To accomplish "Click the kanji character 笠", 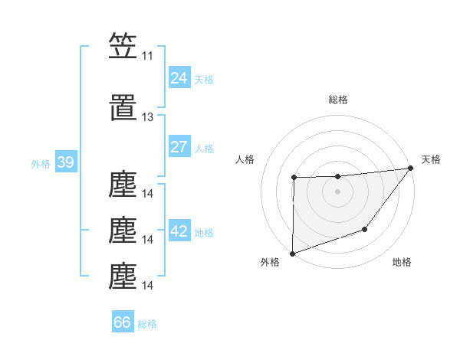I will click(x=123, y=46).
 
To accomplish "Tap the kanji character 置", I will click(x=123, y=109).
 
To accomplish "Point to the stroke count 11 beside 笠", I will click(x=147, y=56).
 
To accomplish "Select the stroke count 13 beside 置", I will click(x=147, y=117).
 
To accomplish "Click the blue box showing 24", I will click(x=179, y=78).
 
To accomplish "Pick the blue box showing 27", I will click(x=179, y=147).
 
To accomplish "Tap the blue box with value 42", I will click(x=179, y=232).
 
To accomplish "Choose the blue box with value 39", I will click(x=65, y=163).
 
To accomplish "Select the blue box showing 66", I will click(x=123, y=322).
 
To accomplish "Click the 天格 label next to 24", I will click(x=204, y=79).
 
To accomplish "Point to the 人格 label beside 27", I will click(x=204, y=148).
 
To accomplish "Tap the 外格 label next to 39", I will click(x=41, y=164).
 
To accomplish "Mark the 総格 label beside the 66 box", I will click(x=147, y=323).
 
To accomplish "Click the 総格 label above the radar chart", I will click(x=337, y=100).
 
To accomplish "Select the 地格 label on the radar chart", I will click(x=402, y=262).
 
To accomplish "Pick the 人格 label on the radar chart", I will click(x=245, y=159).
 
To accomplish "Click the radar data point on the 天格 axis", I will click(x=410, y=169).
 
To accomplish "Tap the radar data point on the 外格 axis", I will click(x=292, y=253).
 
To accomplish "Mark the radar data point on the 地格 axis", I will click(x=366, y=229).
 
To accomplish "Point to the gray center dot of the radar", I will click(x=337, y=191).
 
